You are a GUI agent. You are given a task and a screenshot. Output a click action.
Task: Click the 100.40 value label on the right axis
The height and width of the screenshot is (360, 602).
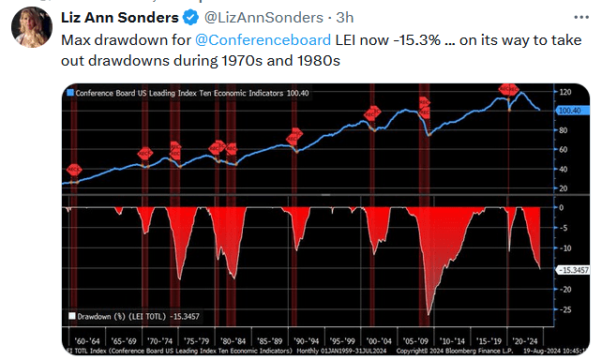click(x=569, y=110)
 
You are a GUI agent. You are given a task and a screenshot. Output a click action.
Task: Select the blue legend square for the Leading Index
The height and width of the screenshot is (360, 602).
click(x=70, y=93)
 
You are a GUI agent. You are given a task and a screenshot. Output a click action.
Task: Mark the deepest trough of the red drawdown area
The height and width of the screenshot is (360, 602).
click(x=429, y=314)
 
